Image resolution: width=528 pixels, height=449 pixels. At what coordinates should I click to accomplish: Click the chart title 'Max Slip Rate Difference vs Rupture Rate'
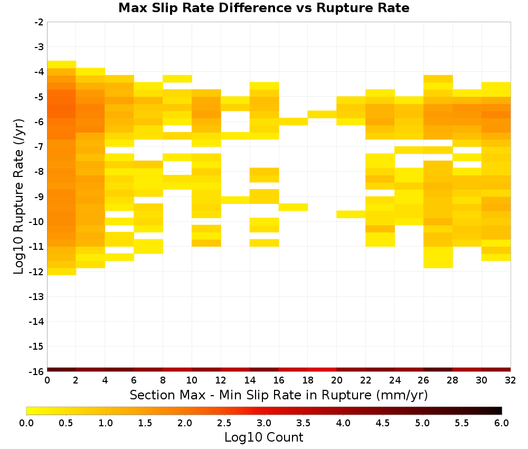tap(263, 8)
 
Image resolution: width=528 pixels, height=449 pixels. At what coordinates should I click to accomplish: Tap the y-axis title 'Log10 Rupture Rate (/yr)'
tap(18, 197)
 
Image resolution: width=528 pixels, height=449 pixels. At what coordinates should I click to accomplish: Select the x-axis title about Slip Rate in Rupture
tap(279, 395)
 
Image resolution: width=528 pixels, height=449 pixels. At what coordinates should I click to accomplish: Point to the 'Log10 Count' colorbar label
tap(263, 437)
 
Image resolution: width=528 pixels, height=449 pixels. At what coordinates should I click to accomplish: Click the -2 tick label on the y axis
tap(39, 22)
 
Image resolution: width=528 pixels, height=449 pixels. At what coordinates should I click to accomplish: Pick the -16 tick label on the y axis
tap(37, 371)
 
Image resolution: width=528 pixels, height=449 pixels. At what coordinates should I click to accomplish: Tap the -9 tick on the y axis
tap(39, 197)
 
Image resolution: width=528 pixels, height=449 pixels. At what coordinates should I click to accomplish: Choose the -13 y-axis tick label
tap(37, 297)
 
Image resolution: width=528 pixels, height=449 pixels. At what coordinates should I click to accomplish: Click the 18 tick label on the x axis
tap(308, 380)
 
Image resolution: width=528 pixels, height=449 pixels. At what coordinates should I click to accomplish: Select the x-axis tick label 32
tap(511, 380)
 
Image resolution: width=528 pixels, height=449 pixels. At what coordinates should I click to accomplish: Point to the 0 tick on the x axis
tap(47, 380)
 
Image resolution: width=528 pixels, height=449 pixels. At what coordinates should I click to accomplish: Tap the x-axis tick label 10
tap(192, 380)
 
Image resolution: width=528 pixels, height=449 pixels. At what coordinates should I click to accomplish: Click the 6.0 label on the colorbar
tap(502, 423)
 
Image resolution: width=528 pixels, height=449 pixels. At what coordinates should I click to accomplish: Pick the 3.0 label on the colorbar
tap(263, 423)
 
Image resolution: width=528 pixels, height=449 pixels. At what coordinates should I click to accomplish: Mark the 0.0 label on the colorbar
tap(26, 423)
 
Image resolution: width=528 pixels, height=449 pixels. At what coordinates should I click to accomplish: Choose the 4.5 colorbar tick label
tap(382, 423)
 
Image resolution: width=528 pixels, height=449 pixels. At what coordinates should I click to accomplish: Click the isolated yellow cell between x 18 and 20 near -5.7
tap(322, 115)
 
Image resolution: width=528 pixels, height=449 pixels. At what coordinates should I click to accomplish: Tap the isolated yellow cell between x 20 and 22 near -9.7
tap(351, 214)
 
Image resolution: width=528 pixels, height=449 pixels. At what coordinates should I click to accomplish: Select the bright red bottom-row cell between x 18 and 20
tap(322, 370)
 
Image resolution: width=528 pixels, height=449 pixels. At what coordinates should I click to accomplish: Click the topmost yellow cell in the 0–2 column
tap(62, 64)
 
